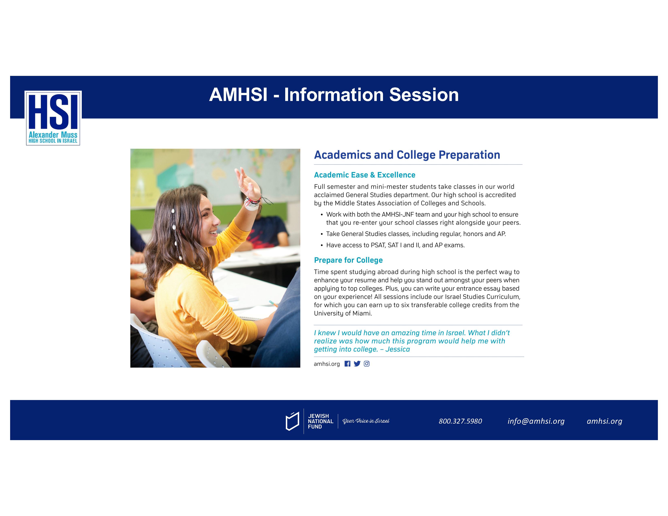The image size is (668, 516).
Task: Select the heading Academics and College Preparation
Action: click(407, 155)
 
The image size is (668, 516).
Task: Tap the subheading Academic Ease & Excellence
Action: click(365, 175)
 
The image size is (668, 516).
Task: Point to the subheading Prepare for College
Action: click(348, 260)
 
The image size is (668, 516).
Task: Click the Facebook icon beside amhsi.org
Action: click(347, 364)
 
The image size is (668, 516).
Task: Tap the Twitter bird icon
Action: click(357, 364)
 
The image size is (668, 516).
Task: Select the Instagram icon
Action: click(367, 364)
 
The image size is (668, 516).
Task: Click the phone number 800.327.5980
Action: click(460, 421)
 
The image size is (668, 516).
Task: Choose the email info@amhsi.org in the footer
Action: click(536, 421)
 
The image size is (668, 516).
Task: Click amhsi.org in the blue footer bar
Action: click(604, 421)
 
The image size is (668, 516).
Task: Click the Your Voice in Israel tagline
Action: click(366, 421)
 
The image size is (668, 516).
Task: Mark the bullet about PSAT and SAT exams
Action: click(395, 245)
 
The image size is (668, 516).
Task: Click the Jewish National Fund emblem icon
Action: click(292, 421)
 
